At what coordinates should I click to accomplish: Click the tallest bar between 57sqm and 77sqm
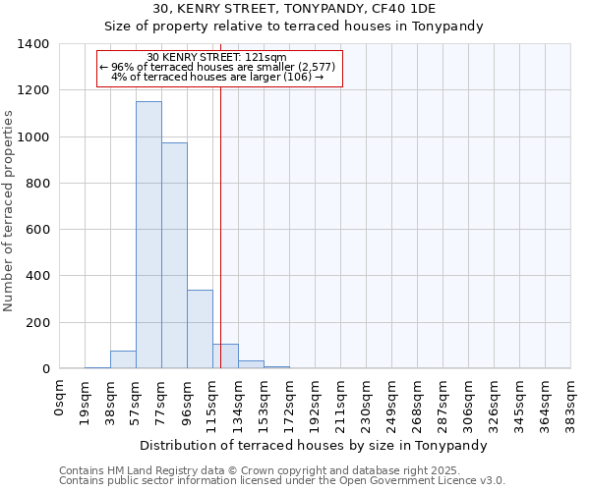tap(148, 236)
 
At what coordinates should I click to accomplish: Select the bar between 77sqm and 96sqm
tap(174, 255)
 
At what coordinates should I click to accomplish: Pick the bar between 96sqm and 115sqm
tap(200, 329)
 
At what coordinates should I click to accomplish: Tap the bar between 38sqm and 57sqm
tap(123, 359)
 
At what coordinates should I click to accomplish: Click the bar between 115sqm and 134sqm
tap(225, 356)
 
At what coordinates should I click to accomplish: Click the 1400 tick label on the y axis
tap(33, 44)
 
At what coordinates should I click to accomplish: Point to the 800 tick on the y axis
tap(38, 184)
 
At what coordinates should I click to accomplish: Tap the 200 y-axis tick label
tap(38, 322)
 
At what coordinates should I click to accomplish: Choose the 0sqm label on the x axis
tap(60, 394)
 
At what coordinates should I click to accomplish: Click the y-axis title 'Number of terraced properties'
tap(9, 211)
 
